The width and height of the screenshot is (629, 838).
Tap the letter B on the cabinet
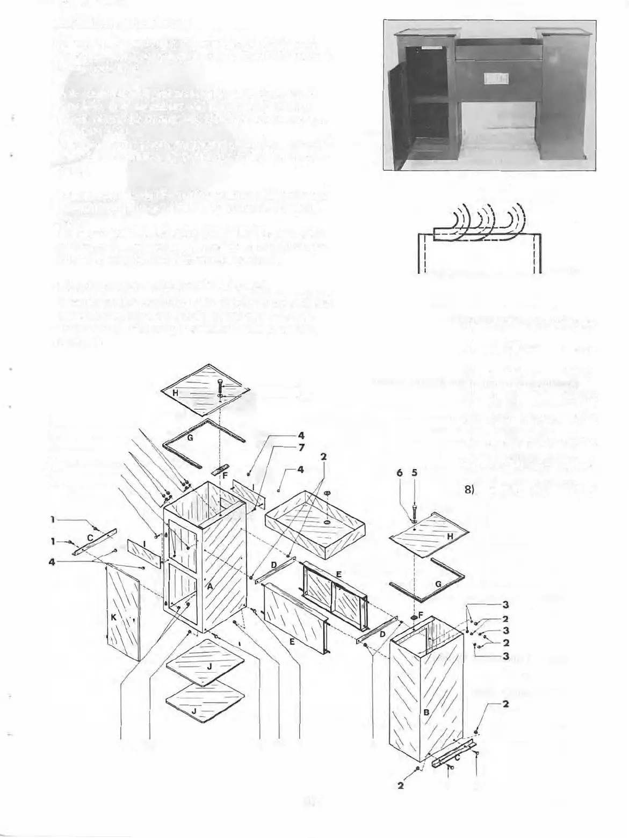425,712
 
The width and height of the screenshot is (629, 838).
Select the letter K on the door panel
113,618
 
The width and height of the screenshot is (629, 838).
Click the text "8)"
468,491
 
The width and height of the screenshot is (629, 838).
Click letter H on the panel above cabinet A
175,393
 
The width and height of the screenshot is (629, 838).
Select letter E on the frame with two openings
338,573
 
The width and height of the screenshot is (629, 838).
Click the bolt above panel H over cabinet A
220,385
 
